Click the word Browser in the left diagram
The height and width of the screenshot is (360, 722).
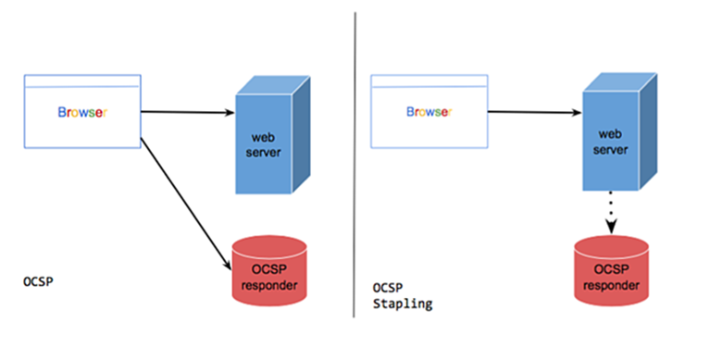pos(81,113)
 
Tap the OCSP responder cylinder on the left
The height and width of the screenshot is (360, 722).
pos(268,273)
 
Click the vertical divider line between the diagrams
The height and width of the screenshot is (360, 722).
pos(355,167)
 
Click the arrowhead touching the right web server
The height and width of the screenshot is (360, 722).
pos(577,114)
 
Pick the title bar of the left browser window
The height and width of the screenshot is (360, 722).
pos(81,81)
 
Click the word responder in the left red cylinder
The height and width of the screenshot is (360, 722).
pos(268,285)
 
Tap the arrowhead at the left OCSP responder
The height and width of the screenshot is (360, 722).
pos(226,264)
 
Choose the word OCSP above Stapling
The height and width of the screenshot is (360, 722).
pos(386,288)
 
